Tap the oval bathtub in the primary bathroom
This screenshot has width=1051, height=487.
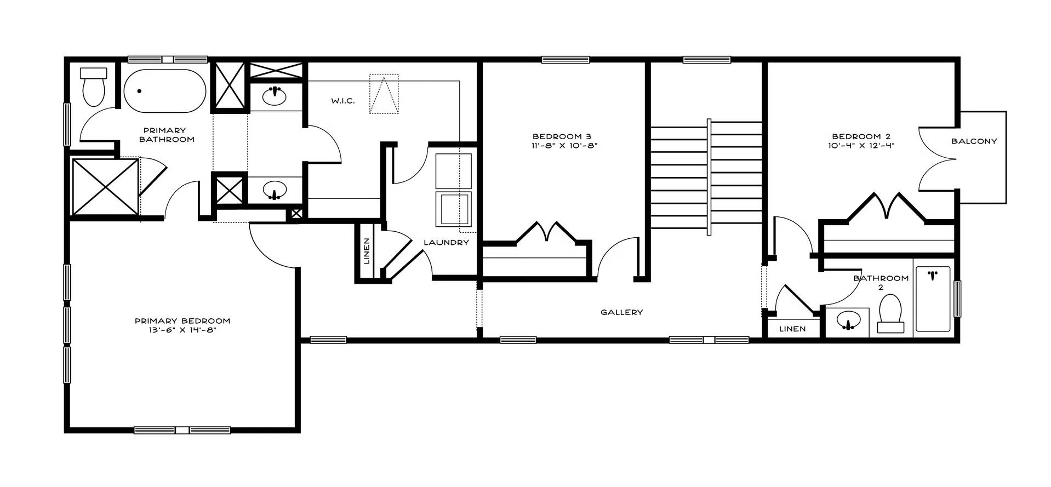[164, 91]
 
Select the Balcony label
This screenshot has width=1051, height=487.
[974, 141]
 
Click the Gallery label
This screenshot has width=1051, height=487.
[621, 312]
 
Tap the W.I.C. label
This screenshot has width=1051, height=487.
[343, 101]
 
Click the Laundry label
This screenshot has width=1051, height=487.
[447, 243]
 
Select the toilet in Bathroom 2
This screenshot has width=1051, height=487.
[890, 314]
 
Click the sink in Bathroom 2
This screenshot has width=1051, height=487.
[848, 322]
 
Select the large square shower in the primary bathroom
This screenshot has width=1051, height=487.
[105, 187]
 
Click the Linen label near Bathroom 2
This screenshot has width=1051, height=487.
[792, 329]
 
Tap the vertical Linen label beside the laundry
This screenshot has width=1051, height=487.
[367, 251]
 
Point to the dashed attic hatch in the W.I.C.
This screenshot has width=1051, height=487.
[384, 94]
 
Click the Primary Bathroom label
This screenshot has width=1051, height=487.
[166, 135]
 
